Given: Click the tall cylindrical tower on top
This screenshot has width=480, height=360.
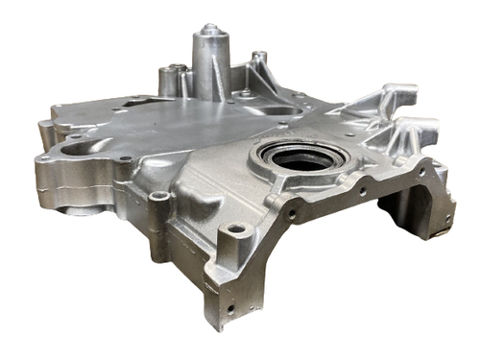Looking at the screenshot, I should coord(210,62).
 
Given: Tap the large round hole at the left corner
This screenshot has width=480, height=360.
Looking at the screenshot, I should coord(73,152).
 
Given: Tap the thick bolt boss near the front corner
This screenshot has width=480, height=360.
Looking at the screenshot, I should coord(233,240).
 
